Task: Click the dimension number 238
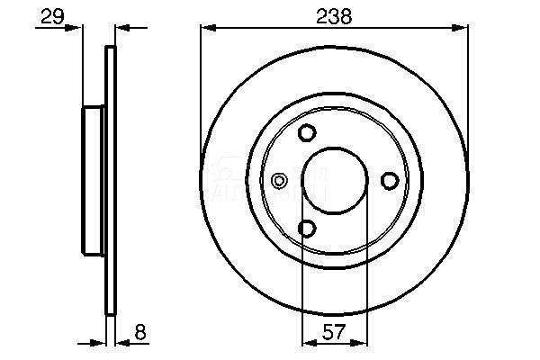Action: click(x=334, y=16)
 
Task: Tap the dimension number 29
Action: click(x=52, y=16)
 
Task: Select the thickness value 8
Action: click(x=140, y=332)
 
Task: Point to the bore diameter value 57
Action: click(x=334, y=332)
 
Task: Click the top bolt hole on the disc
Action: click(x=307, y=132)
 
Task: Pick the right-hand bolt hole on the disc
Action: click(x=390, y=181)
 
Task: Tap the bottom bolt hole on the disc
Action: click(x=307, y=229)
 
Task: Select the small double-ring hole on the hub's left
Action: click(x=279, y=181)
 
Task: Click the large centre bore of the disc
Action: click(x=335, y=181)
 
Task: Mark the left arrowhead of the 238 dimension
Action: click(x=209, y=28)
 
